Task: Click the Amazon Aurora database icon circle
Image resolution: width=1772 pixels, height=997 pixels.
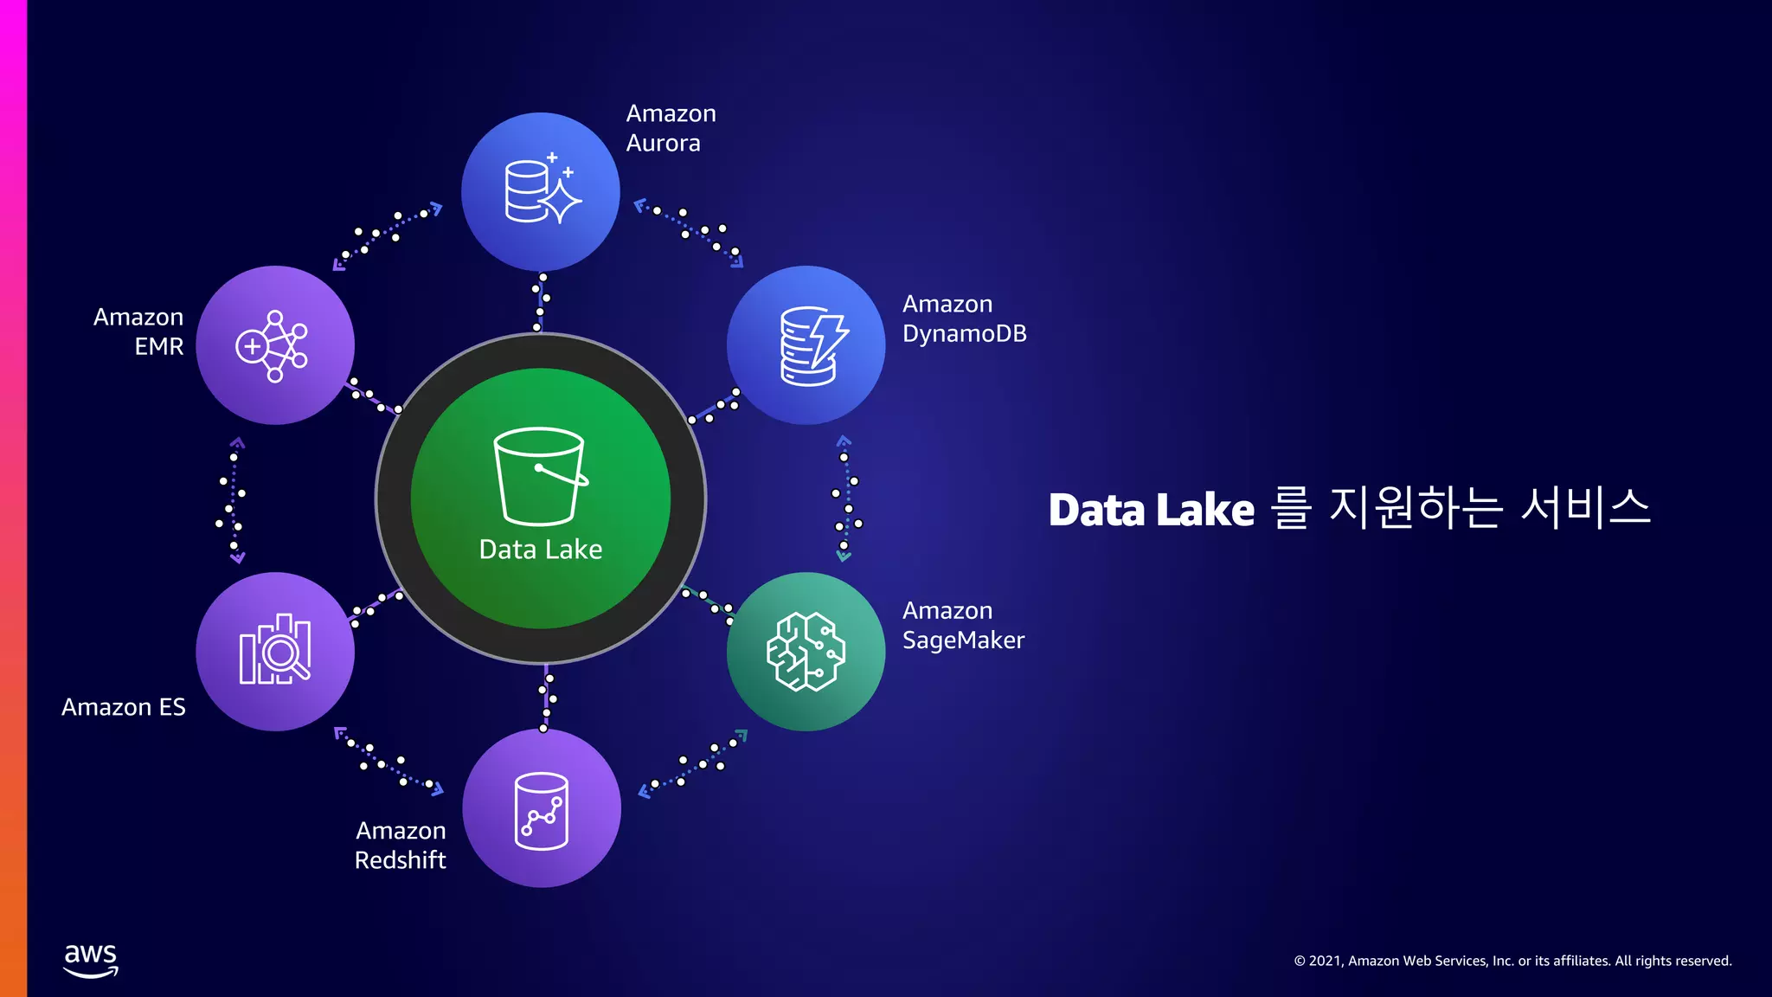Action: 541,191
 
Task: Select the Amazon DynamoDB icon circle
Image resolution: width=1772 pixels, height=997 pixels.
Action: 806,345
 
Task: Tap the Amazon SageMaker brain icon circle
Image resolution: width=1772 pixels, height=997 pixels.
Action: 806,652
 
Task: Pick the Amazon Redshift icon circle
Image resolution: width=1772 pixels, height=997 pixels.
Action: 542,808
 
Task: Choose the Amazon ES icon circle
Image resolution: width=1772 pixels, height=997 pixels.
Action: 275,652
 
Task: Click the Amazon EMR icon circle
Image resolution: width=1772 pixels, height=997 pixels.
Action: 275,345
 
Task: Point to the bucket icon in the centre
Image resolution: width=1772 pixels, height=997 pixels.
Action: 540,476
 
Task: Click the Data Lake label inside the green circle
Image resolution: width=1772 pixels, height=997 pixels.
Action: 541,550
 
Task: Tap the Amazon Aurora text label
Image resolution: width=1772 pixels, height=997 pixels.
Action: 671,128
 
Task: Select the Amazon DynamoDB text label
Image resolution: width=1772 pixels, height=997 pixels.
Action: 964,318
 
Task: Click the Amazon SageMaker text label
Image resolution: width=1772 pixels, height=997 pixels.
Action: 963,625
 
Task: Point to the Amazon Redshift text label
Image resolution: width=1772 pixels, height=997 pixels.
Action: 401,845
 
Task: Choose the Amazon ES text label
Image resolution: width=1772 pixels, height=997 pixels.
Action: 124,707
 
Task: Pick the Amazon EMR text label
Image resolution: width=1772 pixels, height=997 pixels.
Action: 139,331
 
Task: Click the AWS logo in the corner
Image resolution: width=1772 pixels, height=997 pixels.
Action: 91,960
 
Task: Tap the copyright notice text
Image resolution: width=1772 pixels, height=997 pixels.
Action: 1512,961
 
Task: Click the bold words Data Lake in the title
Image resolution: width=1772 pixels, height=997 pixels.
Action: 1151,510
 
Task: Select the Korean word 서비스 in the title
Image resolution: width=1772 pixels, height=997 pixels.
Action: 1585,508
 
